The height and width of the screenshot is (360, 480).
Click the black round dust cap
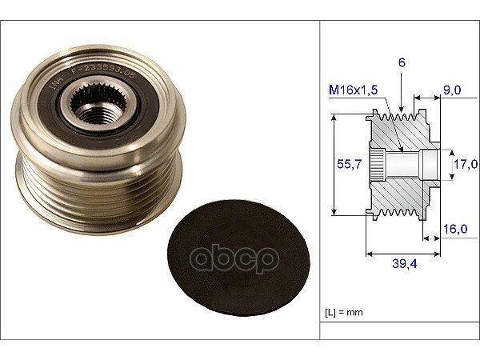tap(238, 258)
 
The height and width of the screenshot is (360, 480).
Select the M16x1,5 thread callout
tap(354, 90)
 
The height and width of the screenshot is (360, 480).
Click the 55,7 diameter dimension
tap(349, 164)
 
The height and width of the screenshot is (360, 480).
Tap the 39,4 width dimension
tap(404, 263)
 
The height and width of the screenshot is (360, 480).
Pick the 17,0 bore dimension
tap(466, 164)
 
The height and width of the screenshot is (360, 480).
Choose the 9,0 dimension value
tap(452, 90)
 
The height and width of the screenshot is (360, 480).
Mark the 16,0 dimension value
tap(455, 229)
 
